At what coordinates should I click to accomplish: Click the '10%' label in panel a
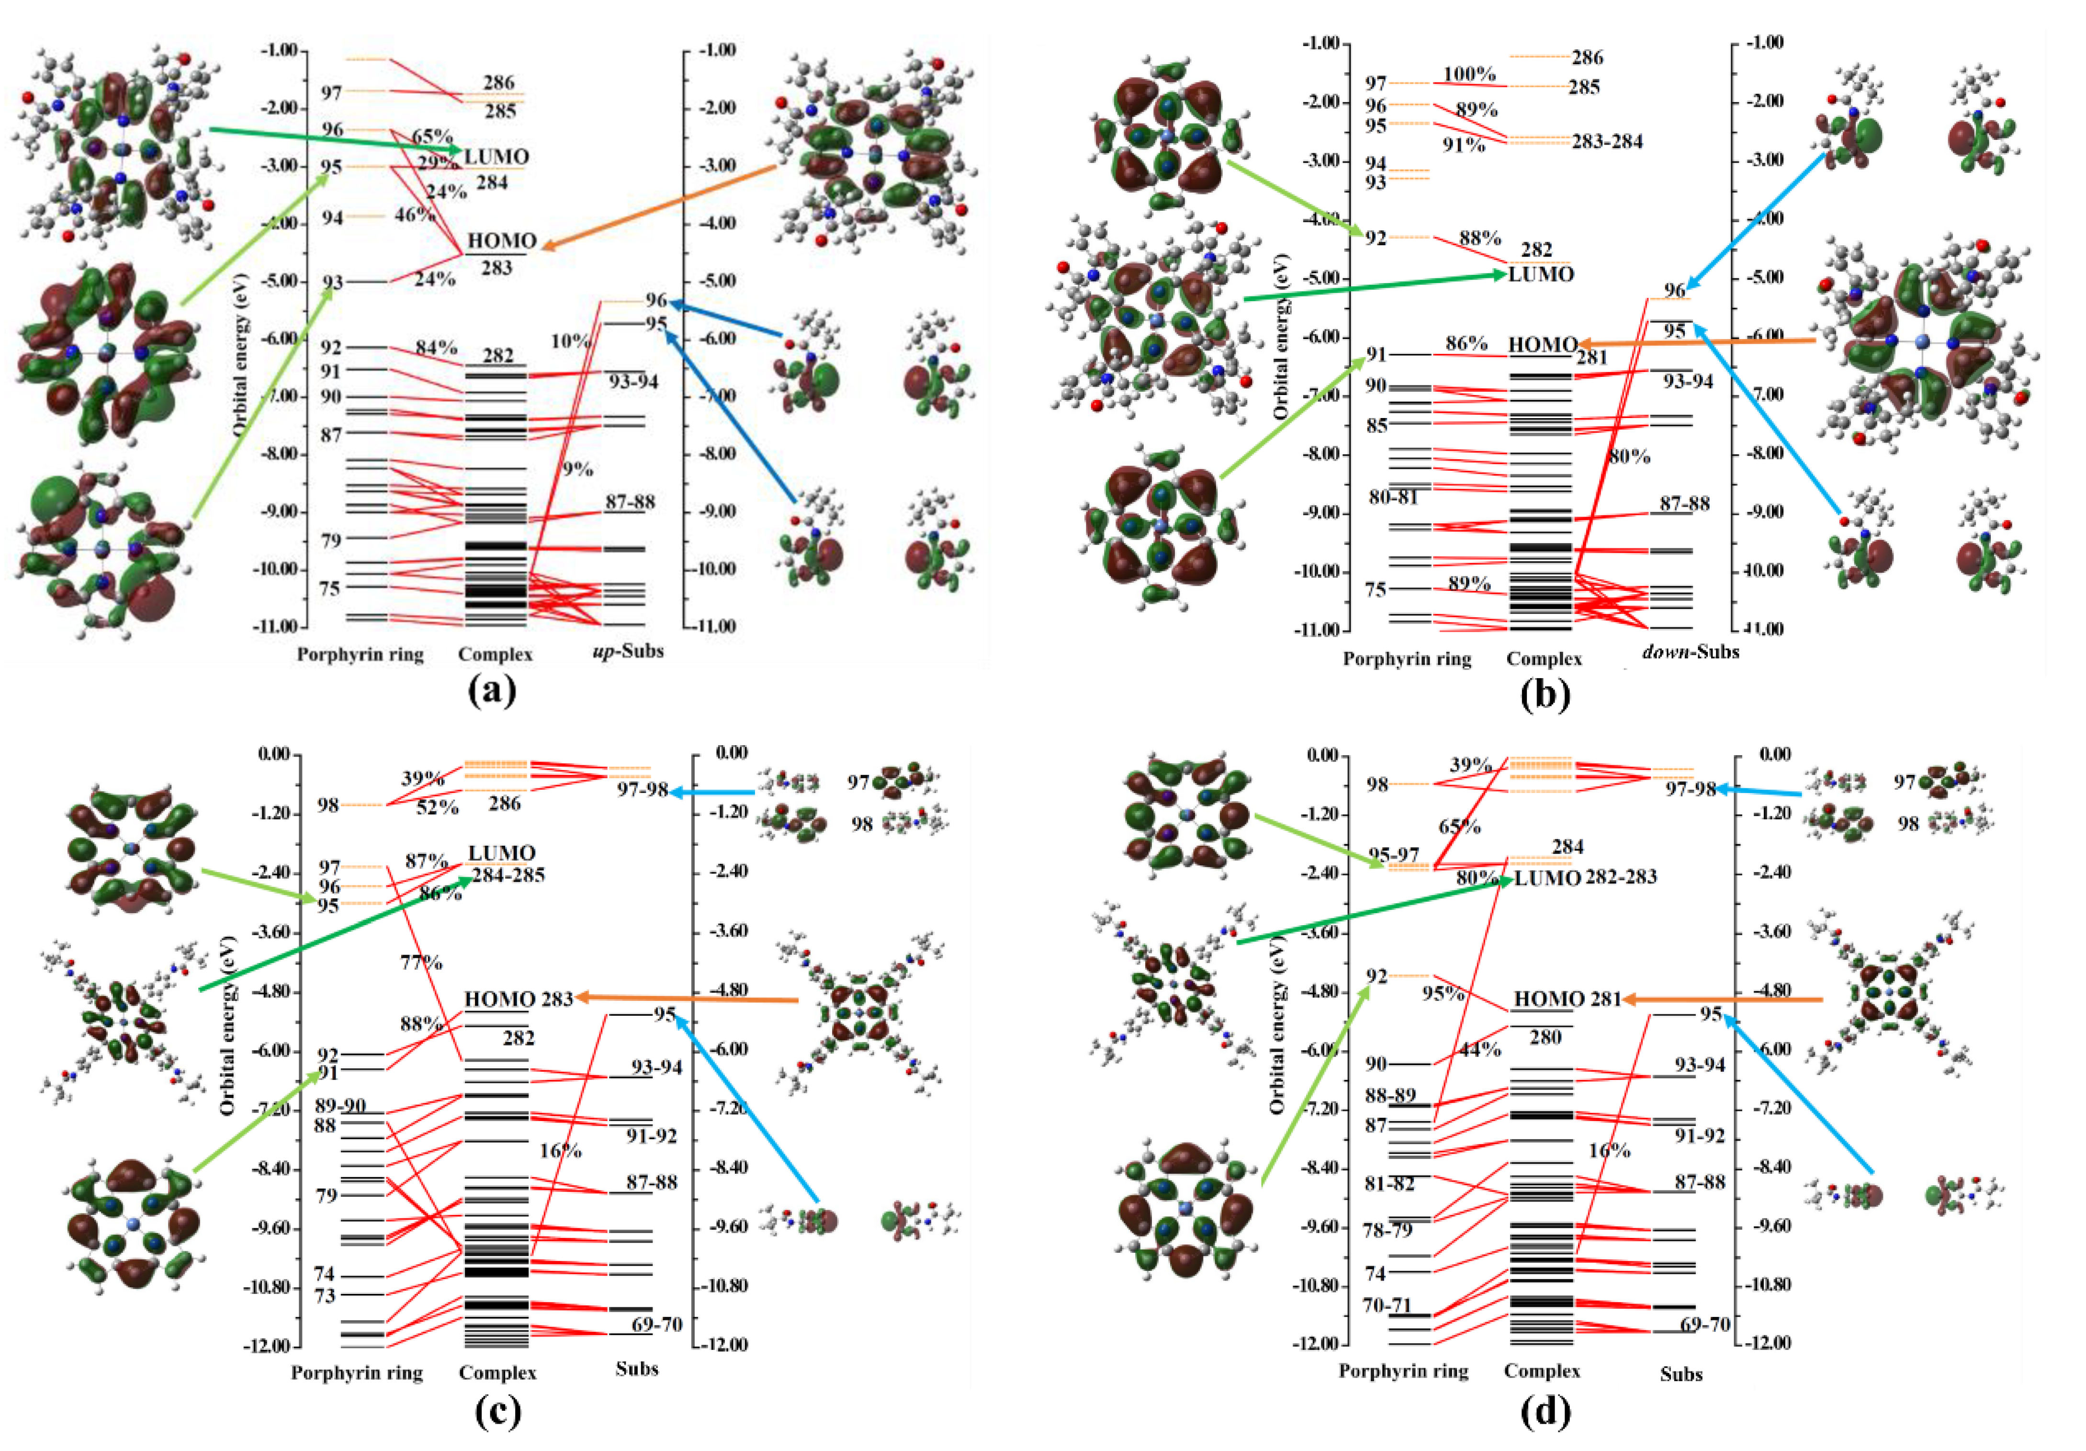coord(570,340)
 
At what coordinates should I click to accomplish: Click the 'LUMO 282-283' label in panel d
coord(1585,878)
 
